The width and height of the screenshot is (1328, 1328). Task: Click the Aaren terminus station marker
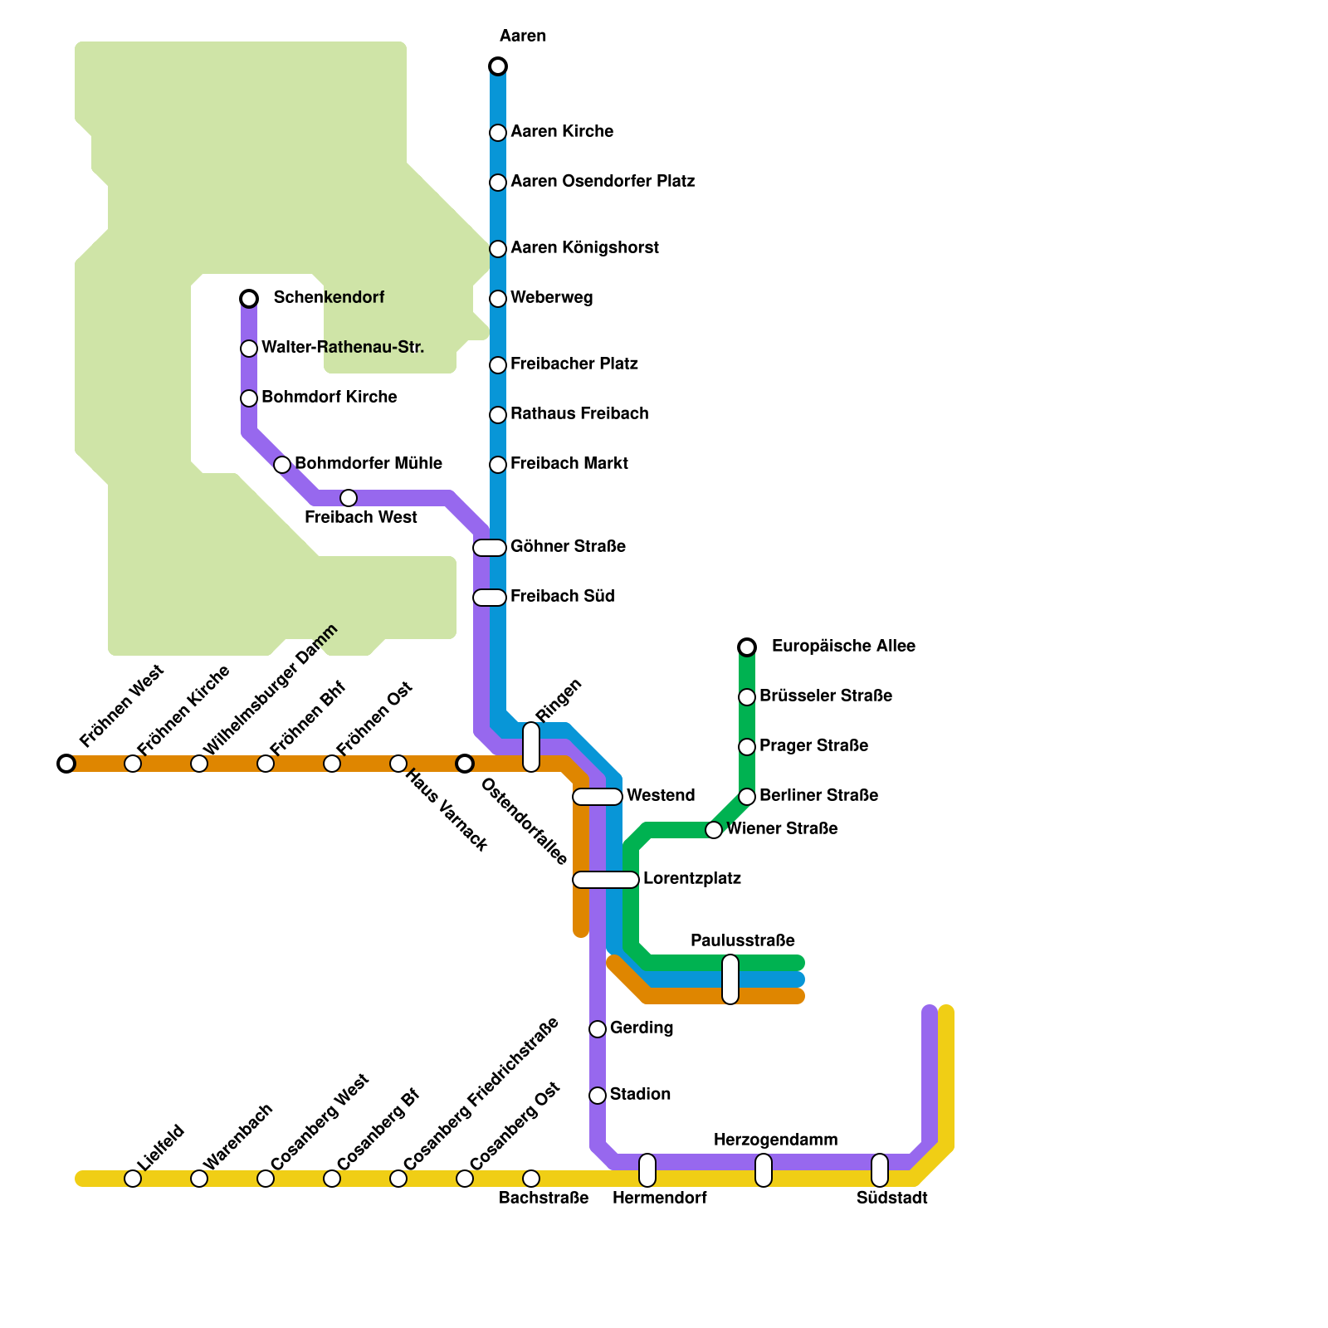coord(498,66)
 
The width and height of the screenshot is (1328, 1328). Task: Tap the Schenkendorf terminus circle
coord(249,299)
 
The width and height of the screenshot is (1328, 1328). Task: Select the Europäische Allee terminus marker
coord(747,647)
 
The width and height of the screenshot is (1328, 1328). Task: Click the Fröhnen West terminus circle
coord(66,764)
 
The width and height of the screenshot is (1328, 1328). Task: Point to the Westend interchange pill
coord(598,797)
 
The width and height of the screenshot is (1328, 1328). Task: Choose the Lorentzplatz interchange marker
coord(606,880)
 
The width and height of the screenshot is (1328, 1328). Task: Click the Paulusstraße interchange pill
coord(730,979)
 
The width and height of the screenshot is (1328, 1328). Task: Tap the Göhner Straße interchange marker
coord(490,548)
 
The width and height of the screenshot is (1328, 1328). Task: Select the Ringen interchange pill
coord(531,747)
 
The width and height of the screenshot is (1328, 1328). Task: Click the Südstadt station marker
coord(880,1170)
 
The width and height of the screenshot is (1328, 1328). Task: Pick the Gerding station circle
coord(598,1029)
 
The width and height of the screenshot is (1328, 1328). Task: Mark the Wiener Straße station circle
coord(714,830)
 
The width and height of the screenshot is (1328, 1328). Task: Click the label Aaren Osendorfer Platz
coord(603,181)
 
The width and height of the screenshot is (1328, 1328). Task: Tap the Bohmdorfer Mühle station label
coord(369,463)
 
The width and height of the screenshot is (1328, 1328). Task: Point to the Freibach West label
coord(361,517)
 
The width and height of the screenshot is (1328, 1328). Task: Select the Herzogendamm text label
coord(775,1140)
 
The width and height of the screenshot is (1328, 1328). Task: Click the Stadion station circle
coord(598,1096)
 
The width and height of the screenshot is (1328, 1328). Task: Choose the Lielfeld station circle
coord(133,1179)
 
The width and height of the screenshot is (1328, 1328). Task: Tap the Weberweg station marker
coord(498,299)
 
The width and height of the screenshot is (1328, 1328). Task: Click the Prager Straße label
coord(813,745)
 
